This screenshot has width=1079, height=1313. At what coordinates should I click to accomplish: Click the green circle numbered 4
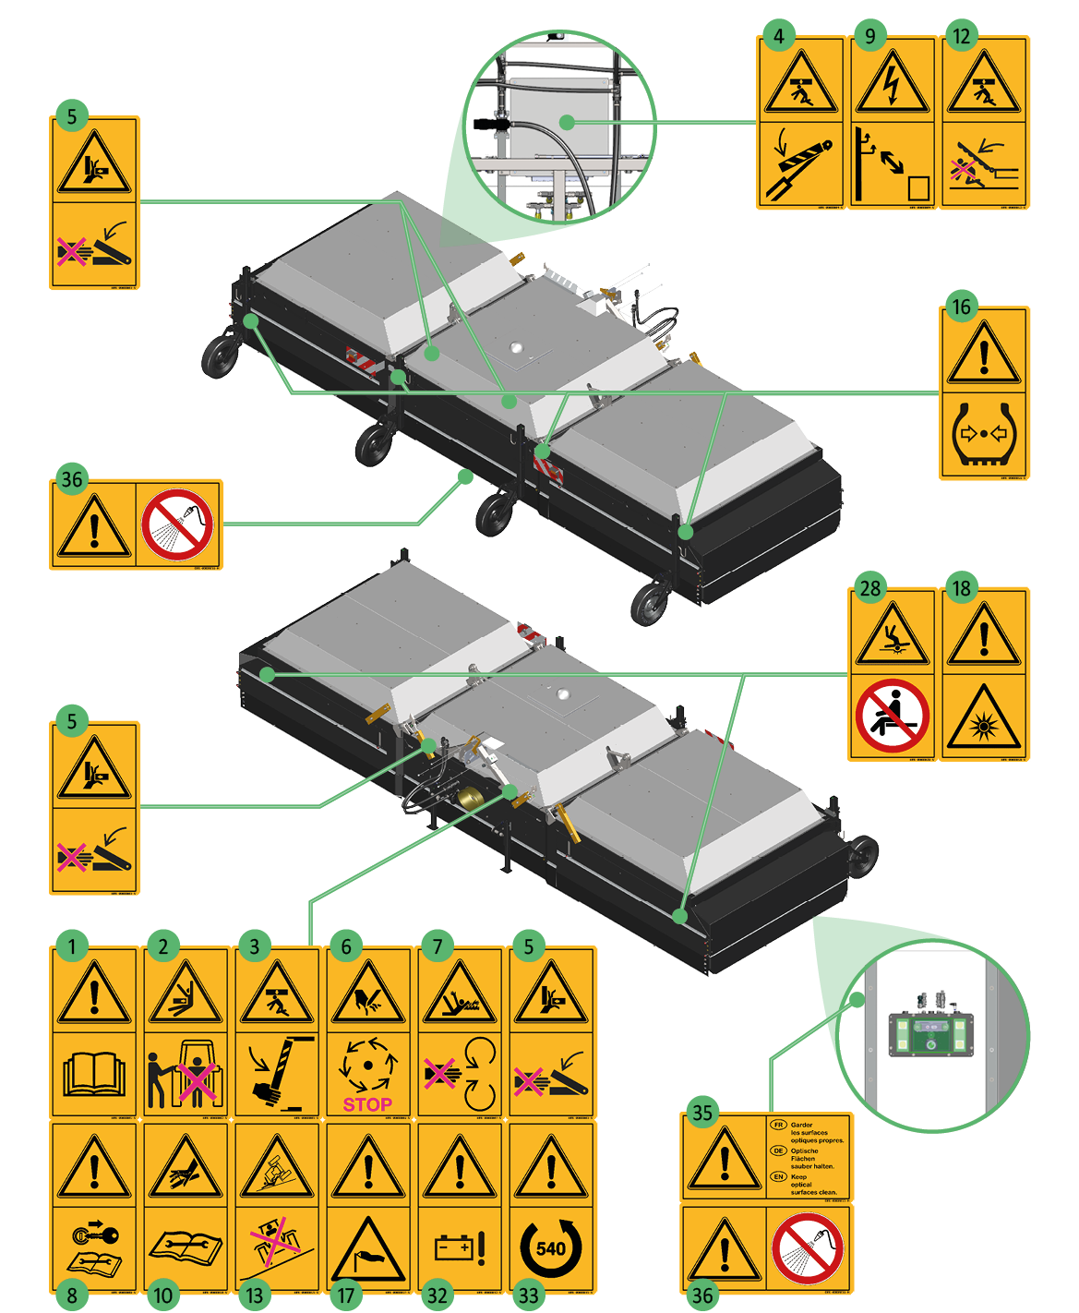tap(779, 36)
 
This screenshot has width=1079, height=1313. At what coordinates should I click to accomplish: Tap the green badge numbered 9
tap(869, 36)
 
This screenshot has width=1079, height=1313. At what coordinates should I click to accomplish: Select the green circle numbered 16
tap(961, 307)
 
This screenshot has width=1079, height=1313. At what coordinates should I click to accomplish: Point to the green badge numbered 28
tap(869, 588)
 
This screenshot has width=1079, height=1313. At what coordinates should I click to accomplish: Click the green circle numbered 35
tap(702, 1112)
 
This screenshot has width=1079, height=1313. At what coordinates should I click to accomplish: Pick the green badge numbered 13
tap(255, 1295)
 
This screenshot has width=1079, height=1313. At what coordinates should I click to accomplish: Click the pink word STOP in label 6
tap(367, 1104)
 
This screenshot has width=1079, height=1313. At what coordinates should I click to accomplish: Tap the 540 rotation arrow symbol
tap(551, 1248)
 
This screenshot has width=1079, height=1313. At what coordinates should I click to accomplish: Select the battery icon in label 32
tap(454, 1247)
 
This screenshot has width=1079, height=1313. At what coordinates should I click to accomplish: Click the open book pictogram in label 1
tap(94, 1074)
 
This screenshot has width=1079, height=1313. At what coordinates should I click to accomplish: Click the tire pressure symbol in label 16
tap(984, 432)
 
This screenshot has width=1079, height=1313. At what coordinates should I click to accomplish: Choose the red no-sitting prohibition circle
tap(892, 716)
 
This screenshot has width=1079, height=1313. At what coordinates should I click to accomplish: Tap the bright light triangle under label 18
tap(984, 719)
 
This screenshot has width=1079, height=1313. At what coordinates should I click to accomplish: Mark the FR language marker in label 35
tap(778, 1125)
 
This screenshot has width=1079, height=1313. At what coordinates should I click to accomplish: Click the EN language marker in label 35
tap(778, 1176)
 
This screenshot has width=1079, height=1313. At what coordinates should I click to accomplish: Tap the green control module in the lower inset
tap(929, 1032)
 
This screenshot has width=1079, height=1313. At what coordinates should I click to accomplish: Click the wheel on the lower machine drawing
tap(862, 856)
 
